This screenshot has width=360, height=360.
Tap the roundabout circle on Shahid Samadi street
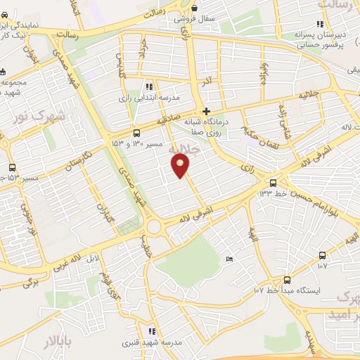(x=154, y=227)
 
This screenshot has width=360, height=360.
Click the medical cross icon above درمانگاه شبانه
(x=206, y=111)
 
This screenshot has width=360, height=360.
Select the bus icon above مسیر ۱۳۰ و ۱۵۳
(x=136, y=133)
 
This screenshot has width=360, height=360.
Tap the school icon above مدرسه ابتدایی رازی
(x=148, y=86)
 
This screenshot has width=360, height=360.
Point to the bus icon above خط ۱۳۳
(x=273, y=183)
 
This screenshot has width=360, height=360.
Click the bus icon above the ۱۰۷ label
(x=322, y=255)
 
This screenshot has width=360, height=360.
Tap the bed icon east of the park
(x=229, y=260)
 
